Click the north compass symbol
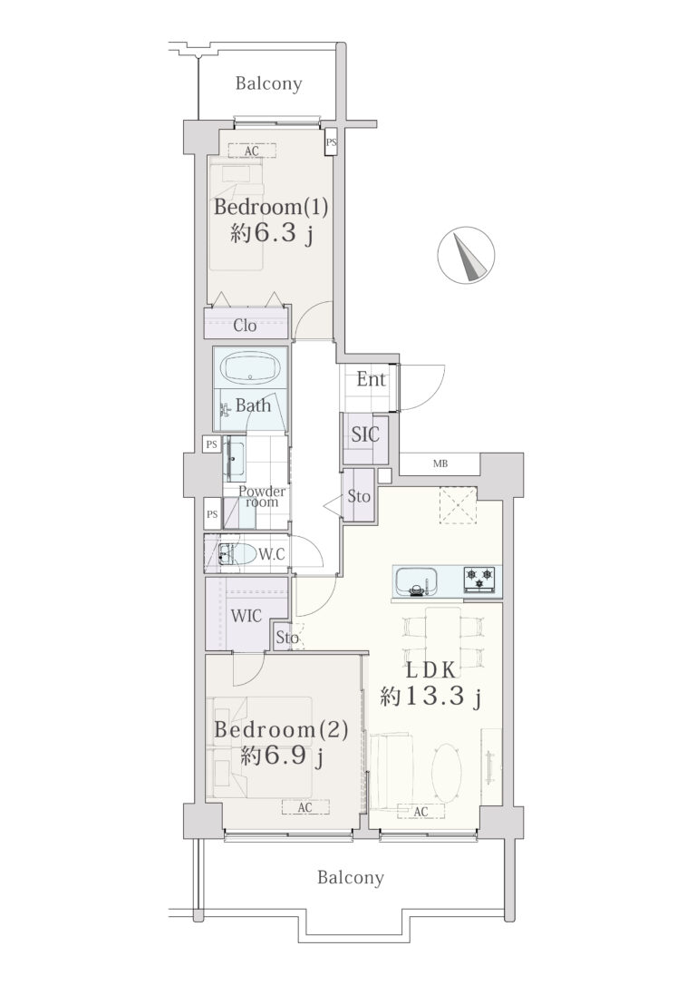[x=466, y=254]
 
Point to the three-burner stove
[x=479, y=579]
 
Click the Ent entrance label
[x=371, y=379]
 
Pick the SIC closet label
[x=365, y=434]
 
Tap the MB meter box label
[x=440, y=464]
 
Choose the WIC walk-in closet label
[x=246, y=616]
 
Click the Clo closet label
[x=245, y=326]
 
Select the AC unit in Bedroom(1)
[x=252, y=151]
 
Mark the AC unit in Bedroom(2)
[x=305, y=807]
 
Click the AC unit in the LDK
[x=421, y=812]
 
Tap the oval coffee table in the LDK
[x=448, y=773]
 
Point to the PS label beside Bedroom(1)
[x=332, y=142]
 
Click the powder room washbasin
[x=235, y=459]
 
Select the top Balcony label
[x=268, y=83]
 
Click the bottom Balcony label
[x=350, y=877]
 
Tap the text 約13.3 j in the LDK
[x=430, y=696]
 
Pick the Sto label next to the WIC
[x=287, y=638]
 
